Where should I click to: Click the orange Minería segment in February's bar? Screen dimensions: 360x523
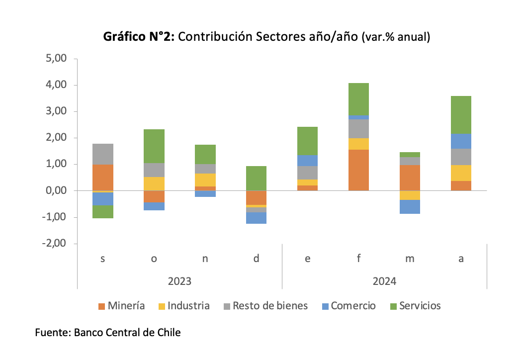(x=358, y=170)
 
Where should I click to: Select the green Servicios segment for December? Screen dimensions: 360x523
(x=256, y=178)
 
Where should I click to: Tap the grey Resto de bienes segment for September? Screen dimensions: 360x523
(x=103, y=154)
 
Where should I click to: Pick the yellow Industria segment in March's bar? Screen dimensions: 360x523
(x=410, y=195)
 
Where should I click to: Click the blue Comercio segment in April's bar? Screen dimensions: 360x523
(x=461, y=141)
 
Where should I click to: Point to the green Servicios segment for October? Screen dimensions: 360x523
(x=154, y=146)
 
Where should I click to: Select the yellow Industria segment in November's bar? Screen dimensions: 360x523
(x=205, y=180)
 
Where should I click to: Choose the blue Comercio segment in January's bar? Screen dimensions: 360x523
(x=307, y=160)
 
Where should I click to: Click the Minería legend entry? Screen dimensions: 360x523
(x=121, y=306)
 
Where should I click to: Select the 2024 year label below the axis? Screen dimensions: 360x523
(x=384, y=281)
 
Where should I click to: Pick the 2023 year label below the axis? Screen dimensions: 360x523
(x=179, y=281)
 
